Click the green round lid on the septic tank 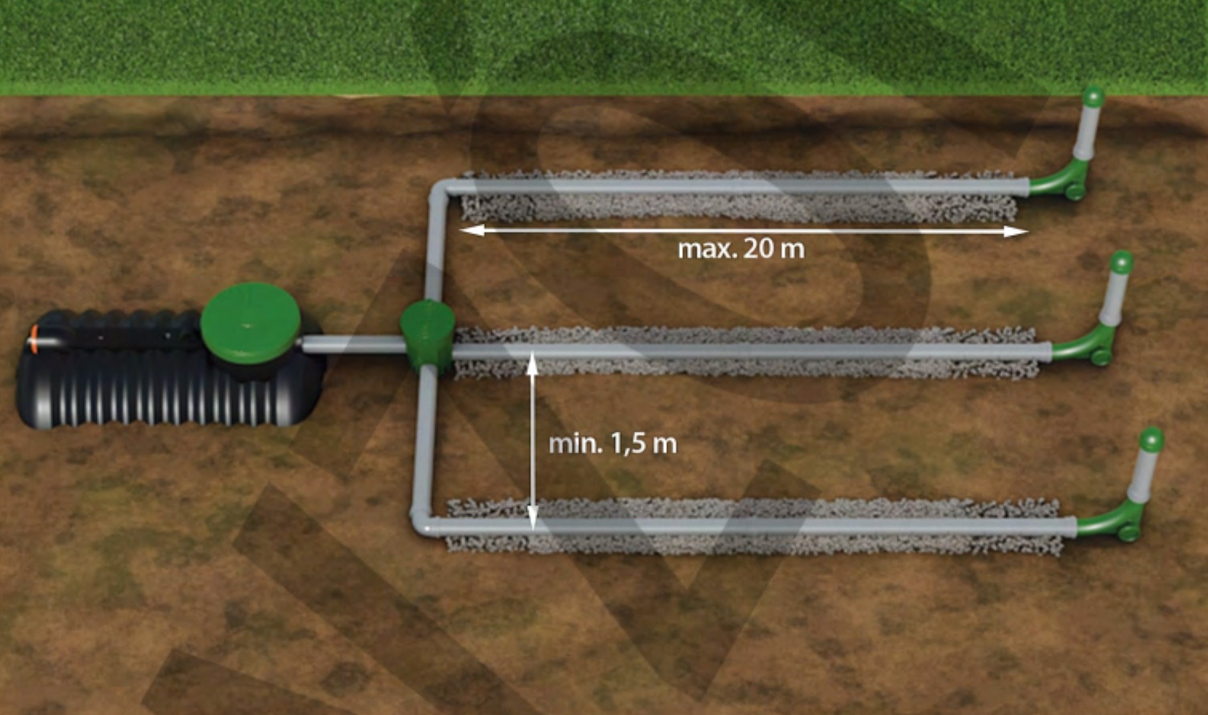[251, 323]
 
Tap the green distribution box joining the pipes [427, 336]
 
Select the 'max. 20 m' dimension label [741, 249]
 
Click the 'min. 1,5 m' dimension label [613, 444]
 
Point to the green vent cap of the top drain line [1093, 97]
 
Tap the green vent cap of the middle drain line [1122, 261]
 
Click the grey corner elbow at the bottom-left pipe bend [424, 520]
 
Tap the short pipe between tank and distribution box [352, 344]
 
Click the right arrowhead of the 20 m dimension [1016, 231]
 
